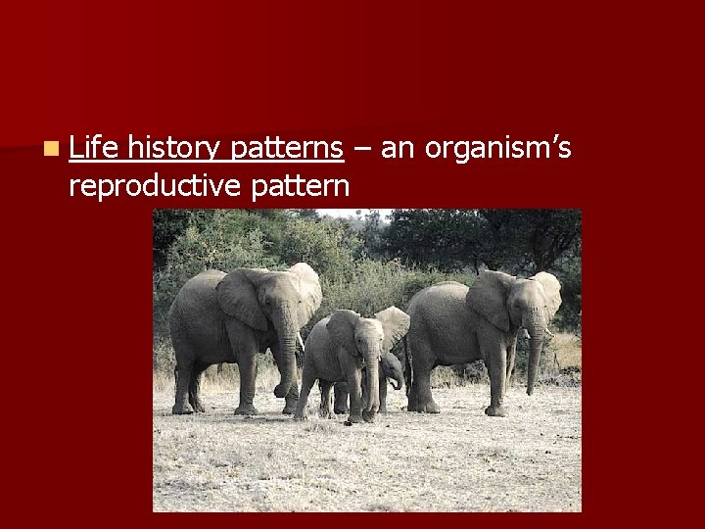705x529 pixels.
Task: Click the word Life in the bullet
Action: point(94,149)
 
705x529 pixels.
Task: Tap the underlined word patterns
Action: point(286,149)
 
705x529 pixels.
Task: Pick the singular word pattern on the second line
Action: point(301,184)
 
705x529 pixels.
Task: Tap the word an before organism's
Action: point(397,149)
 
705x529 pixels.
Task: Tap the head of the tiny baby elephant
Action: point(392,366)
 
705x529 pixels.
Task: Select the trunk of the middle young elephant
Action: point(372,382)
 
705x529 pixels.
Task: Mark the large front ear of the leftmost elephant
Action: point(240,299)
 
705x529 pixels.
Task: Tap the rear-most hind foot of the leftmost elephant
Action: point(182,406)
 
